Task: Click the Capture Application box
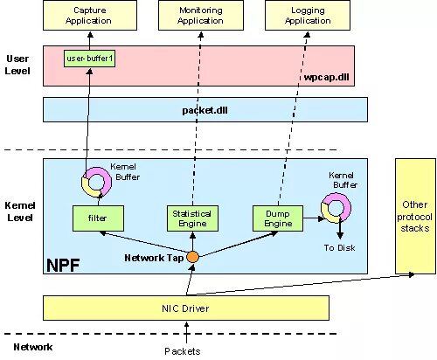[90, 15]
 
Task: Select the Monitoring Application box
[201, 15]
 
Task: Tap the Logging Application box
[308, 15]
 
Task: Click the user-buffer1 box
[89, 59]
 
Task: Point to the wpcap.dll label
[326, 77]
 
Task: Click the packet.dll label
[205, 110]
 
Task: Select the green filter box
[98, 218]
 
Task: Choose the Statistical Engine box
[192, 218]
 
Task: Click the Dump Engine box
[278, 218]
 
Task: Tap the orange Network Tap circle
[192, 257]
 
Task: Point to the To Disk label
[339, 248]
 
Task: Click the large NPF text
[63, 265]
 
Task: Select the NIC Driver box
[186, 308]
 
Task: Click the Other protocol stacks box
[415, 216]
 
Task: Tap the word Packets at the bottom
[183, 351]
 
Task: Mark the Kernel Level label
[20, 211]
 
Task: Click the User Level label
[17, 65]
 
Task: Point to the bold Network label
[33, 347]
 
